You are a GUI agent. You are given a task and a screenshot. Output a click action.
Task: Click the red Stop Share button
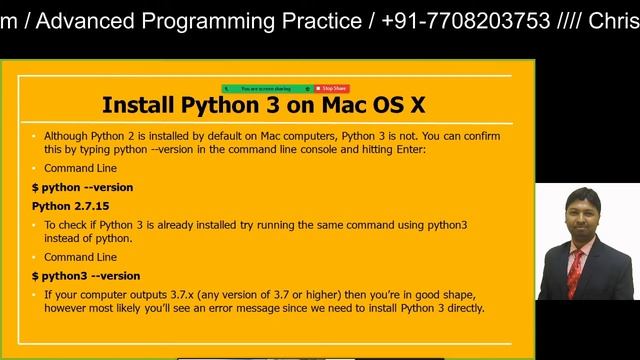click(x=332, y=89)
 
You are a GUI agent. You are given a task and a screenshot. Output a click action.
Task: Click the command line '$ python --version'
click(x=82, y=187)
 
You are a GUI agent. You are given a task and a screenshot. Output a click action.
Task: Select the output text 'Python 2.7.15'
click(x=68, y=206)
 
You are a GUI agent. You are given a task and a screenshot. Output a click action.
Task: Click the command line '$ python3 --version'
click(x=86, y=275)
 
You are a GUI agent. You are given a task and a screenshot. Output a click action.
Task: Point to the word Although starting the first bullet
click(x=66, y=135)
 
